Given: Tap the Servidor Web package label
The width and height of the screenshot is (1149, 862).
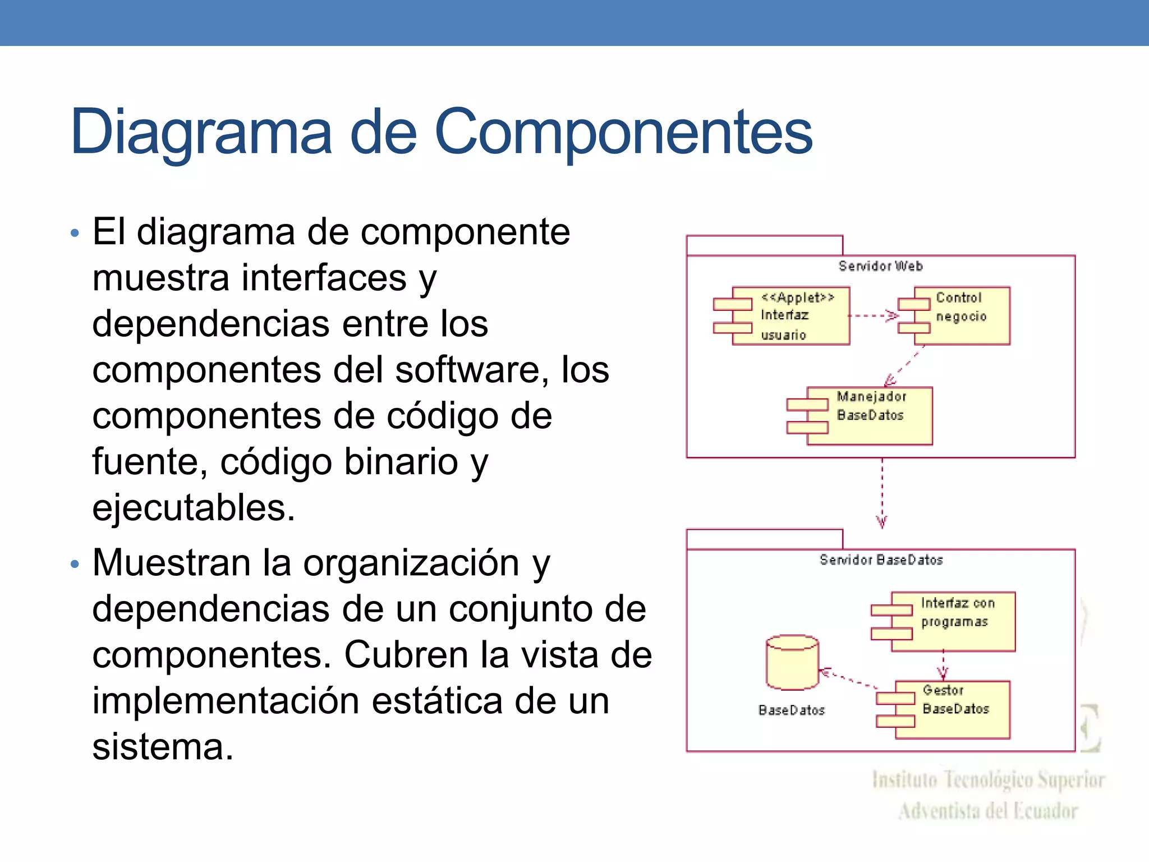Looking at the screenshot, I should click(x=880, y=266).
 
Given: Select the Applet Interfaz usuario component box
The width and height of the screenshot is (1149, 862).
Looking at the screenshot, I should click(x=791, y=316).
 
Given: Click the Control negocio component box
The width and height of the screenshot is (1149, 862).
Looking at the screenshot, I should click(x=962, y=315).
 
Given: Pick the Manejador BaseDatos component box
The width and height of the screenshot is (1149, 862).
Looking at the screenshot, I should click(x=870, y=416).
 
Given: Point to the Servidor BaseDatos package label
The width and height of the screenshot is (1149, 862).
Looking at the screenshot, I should click(x=881, y=560).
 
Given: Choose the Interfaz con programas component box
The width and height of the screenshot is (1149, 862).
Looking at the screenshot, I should click(x=954, y=621).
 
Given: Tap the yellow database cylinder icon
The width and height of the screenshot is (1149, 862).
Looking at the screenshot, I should click(x=792, y=663).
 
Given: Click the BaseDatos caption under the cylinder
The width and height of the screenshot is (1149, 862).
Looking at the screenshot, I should click(x=792, y=710).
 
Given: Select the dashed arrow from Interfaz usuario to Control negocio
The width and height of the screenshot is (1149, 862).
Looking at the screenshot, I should click(x=873, y=316).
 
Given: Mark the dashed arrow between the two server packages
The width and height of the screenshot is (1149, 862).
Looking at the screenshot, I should click(x=882, y=493).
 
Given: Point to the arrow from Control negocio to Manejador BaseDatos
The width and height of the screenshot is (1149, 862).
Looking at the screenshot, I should click(x=904, y=366).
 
